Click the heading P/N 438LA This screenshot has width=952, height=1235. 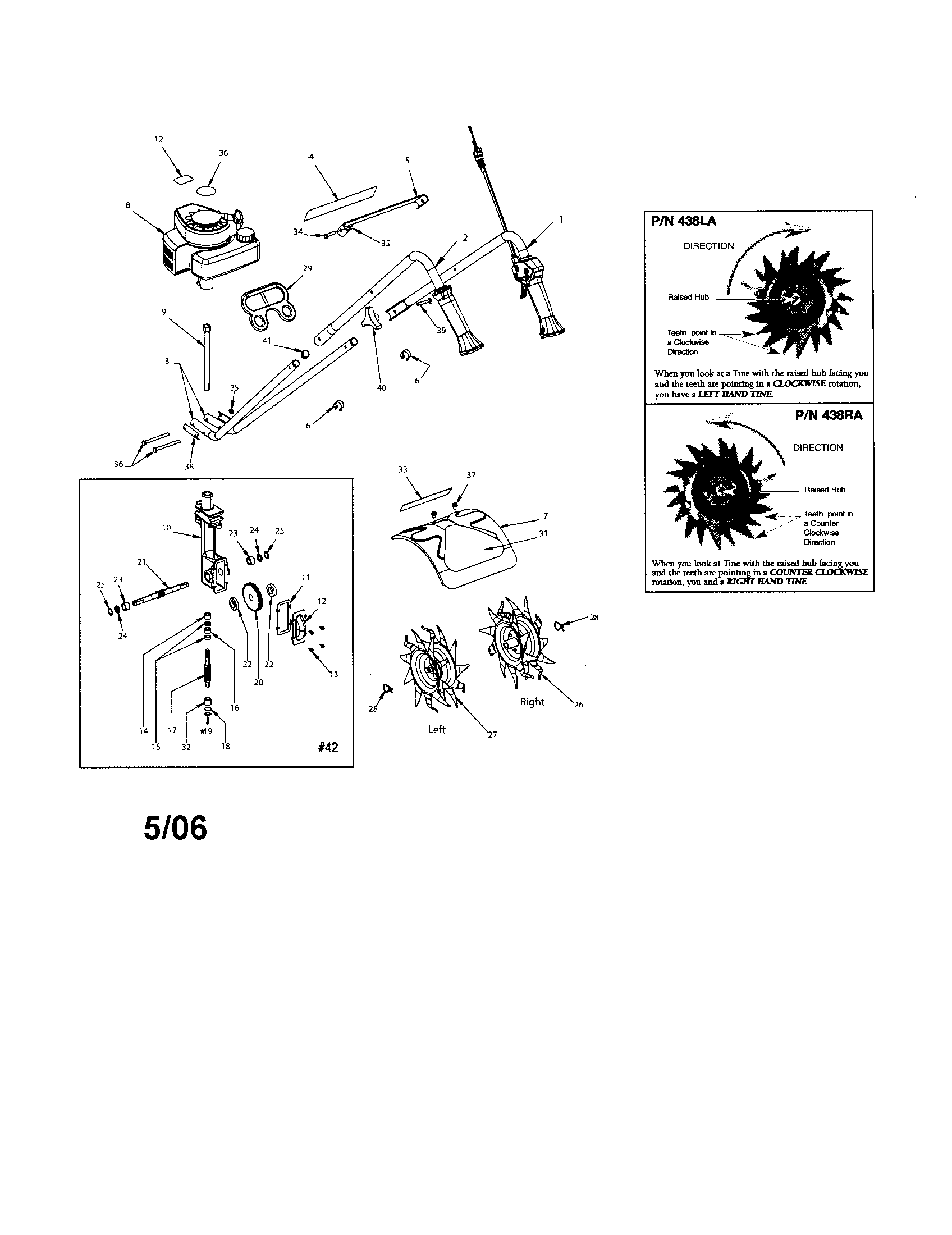[684, 221]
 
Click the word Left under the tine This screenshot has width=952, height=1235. [437, 729]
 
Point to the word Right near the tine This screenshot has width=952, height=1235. [532, 702]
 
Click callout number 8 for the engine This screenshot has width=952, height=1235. [129, 205]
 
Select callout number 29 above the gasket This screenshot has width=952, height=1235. [308, 268]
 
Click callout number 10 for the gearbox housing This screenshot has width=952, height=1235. [166, 528]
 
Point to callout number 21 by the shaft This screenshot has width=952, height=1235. [142, 561]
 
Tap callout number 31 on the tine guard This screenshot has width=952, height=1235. [543, 533]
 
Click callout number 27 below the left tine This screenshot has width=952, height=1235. [492, 735]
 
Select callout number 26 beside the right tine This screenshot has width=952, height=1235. [578, 705]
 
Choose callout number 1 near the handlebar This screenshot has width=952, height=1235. [560, 218]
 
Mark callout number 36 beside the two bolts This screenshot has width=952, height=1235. [118, 464]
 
